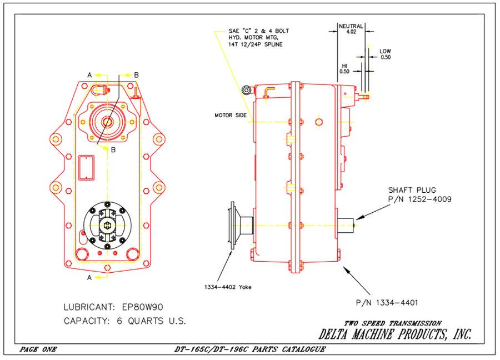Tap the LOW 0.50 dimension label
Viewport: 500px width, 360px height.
pyautogui.click(x=385, y=54)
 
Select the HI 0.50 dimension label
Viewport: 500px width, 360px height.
pyautogui.click(x=344, y=68)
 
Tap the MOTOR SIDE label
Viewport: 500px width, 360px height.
pyautogui.click(x=231, y=116)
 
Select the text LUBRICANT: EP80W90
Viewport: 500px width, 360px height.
pyautogui.click(x=113, y=306)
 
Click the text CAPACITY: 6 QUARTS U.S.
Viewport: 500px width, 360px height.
pyautogui.click(x=124, y=321)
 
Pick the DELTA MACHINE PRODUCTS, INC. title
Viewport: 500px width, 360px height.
pyautogui.click(x=395, y=334)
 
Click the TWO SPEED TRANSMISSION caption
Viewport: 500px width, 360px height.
pyautogui.click(x=393, y=323)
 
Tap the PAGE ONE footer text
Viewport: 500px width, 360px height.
pyautogui.click(x=38, y=349)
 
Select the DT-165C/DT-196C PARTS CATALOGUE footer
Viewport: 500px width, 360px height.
pyautogui.click(x=249, y=349)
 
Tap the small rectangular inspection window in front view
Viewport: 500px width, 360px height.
pyautogui.click(x=87, y=167)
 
